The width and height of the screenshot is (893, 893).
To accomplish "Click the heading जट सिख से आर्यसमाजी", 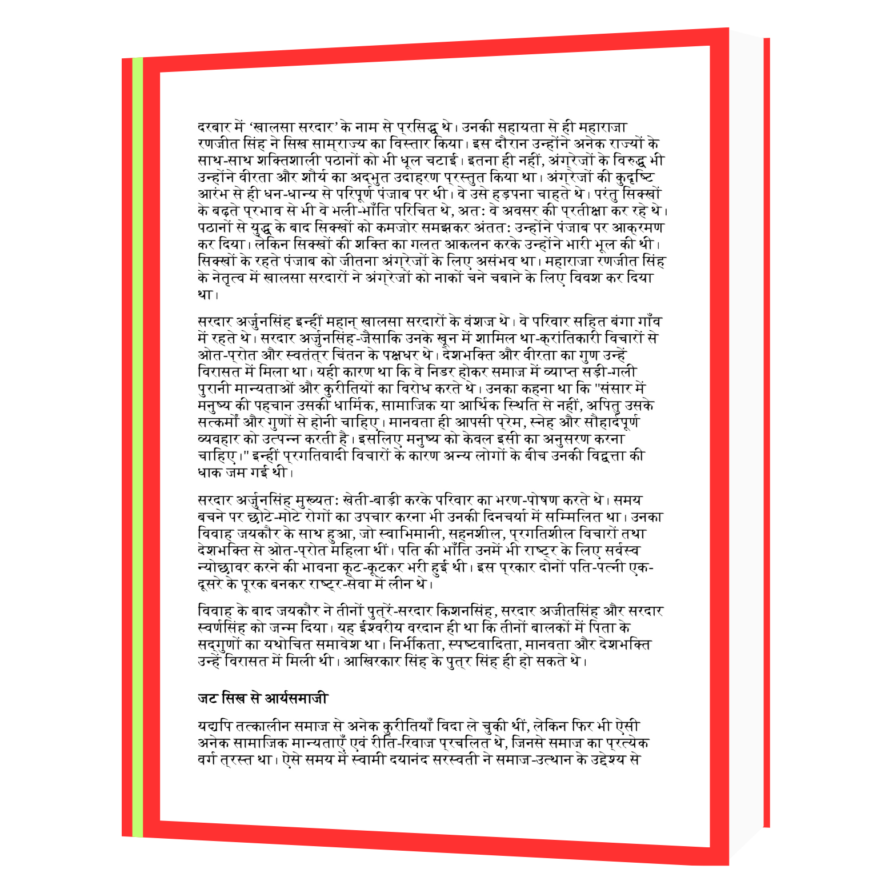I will click(262, 698).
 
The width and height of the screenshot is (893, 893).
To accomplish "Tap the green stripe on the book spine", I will click(138, 446).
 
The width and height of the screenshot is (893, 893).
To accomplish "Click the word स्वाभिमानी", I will click(411, 534).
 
